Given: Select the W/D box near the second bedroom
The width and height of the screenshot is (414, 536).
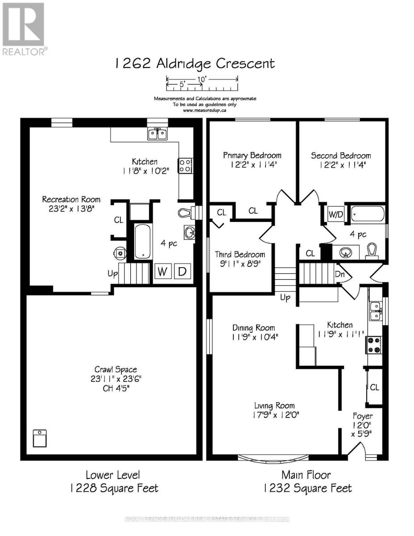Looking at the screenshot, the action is tap(335, 214).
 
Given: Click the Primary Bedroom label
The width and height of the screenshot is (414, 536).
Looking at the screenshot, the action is tap(252, 155).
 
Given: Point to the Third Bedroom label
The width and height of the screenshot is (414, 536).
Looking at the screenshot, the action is tap(240, 254).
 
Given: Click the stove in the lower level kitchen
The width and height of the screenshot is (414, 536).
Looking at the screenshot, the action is tap(185, 166).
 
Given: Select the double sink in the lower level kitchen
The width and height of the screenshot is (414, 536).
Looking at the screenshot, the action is tap(157, 134).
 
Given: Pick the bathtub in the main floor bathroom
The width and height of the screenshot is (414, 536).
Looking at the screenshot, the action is tap(368, 214).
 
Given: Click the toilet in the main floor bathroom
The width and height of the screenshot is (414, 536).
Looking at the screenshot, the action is tap(372, 251).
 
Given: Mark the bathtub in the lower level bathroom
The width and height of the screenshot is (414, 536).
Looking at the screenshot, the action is tap(143, 241).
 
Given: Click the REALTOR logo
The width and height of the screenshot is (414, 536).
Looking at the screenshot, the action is tap(24, 29).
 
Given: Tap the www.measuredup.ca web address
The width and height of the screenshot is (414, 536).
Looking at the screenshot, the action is tap(204, 110).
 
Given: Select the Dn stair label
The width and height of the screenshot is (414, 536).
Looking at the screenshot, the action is tap(339, 274).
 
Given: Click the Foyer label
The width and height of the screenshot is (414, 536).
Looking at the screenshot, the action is tap(363, 416).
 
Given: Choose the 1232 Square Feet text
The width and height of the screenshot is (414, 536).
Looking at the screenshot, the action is tap(308, 488).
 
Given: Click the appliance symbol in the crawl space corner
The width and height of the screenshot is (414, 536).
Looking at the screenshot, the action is tap(40, 438).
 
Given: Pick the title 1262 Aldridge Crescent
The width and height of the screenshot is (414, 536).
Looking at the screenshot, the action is tap(195, 63).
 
